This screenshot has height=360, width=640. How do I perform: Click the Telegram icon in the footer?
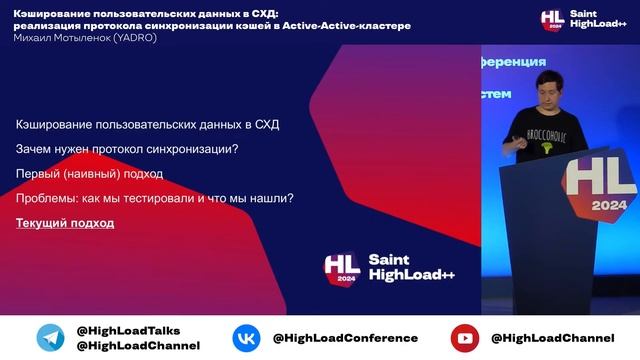tap(50, 337)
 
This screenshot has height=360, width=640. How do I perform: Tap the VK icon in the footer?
tap(246, 338)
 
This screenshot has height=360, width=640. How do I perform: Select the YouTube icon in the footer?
tap(464, 338)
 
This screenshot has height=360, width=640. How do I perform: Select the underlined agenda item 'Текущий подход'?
tap(65, 223)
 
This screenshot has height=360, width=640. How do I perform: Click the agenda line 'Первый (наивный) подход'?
tap(89, 174)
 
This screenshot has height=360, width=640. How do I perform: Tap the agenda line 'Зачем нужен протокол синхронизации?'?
tap(127, 150)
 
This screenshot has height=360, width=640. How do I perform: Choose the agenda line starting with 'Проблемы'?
tap(154, 198)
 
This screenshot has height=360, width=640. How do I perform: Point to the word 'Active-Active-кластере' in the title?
tap(353, 25)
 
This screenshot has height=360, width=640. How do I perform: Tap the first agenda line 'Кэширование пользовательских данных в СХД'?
tap(148, 125)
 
